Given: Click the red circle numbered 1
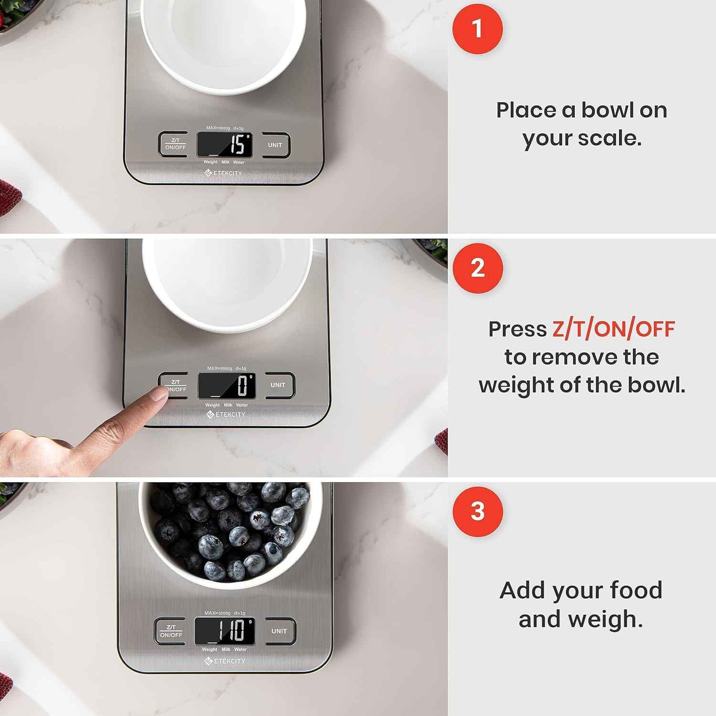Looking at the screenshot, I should tap(477, 29).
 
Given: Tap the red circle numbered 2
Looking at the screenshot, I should tap(477, 268).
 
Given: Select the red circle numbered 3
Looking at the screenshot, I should tap(477, 511).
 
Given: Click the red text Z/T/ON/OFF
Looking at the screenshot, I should tap(613, 330).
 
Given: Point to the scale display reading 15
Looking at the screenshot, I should tap(225, 145).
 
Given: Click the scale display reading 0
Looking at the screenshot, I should tap(227, 386).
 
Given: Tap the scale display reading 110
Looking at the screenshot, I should tap(225, 631).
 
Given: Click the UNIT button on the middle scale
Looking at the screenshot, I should tap(278, 385).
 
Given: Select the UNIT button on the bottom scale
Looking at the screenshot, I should tap(279, 631).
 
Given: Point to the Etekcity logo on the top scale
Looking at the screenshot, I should tap(223, 173).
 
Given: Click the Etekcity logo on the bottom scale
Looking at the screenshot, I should tap(225, 661).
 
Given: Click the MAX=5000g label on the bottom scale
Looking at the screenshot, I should tap(217, 613).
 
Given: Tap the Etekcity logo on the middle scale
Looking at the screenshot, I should tap(226, 414).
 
